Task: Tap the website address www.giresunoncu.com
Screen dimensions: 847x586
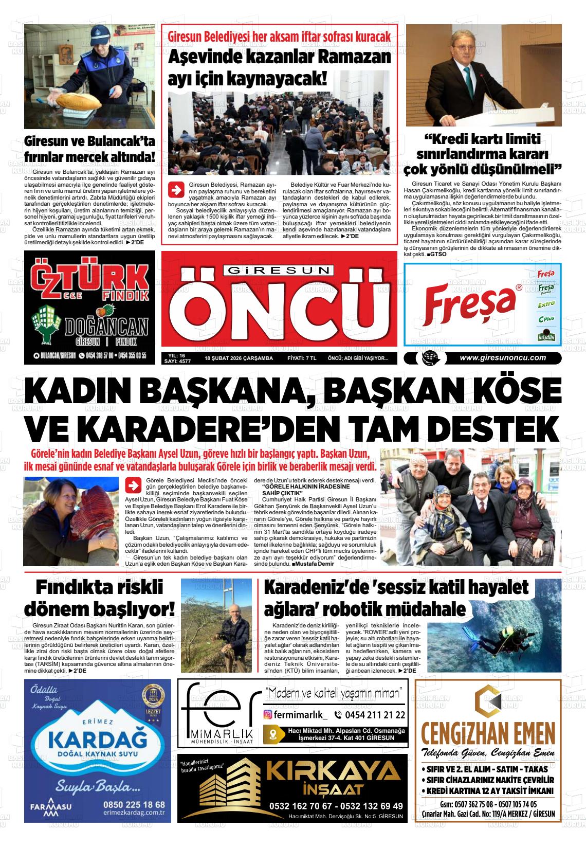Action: (503, 358)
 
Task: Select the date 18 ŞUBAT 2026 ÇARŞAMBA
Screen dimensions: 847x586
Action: (239, 358)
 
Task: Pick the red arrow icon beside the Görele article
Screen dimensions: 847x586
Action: (133, 485)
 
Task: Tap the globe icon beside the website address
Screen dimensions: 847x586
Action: (427, 358)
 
